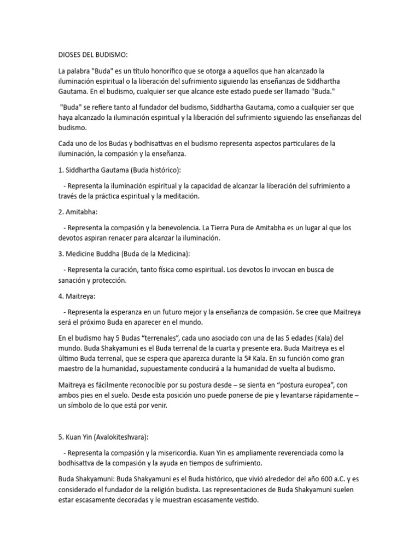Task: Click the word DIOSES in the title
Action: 70,55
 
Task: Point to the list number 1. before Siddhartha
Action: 61,170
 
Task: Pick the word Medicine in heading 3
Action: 83,254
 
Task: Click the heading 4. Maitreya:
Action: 77,296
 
